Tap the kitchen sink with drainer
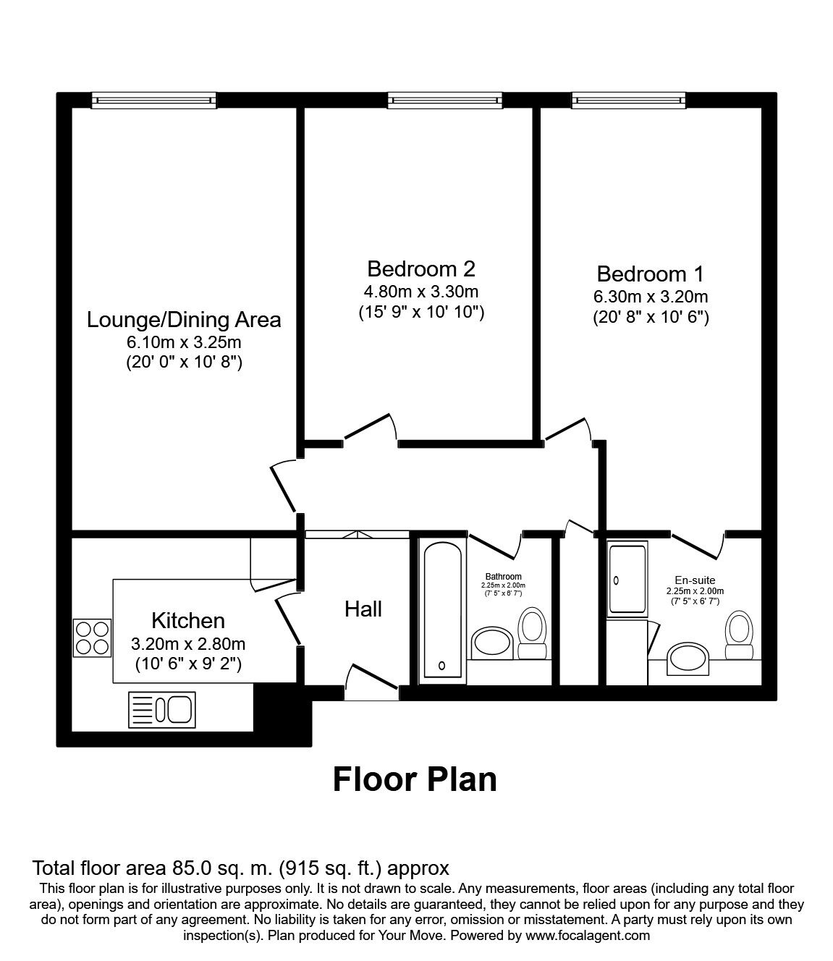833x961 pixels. coord(162,710)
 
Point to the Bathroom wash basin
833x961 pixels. coord(491,643)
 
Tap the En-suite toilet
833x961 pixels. coord(739,635)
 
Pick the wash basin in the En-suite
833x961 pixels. coord(688,659)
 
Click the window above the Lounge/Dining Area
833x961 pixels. coord(154,100)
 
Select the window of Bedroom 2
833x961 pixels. coord(445,100)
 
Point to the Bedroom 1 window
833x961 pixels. coord(629,100)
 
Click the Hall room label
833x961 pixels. coord(363,609)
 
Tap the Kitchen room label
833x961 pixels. coord(188,621)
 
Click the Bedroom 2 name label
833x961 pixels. coord(421,268)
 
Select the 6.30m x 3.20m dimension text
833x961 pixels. coord(651,296)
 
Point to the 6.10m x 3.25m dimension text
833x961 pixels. coord(184,342)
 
